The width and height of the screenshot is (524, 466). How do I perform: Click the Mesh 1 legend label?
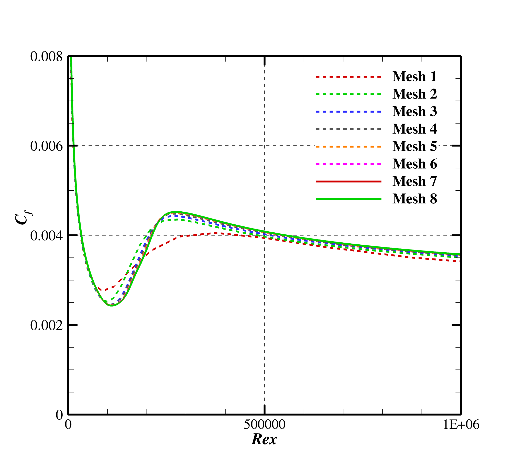tap(414, 77)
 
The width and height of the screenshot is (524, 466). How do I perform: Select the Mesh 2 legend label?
tap(414, 94)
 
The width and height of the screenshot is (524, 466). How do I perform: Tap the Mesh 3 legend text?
tap(414, 111)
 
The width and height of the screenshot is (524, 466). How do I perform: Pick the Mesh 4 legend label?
tap(414, 129)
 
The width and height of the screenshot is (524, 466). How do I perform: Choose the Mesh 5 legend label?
tap(414, 146)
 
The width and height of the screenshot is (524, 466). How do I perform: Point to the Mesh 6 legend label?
tap(414, 164)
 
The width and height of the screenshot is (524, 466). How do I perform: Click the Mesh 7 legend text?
tap(414, 181)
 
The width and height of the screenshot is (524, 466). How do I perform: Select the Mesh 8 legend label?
tap(414, 199)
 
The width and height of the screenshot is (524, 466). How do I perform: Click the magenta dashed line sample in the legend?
tap(348, 164)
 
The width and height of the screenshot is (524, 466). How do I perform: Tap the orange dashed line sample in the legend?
tap(348, 146)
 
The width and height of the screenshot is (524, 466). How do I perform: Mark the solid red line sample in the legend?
tap(348, 181)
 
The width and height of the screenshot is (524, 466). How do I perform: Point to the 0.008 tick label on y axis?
tap(46, 56)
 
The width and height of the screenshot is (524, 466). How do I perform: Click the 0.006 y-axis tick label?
tap(46, 146)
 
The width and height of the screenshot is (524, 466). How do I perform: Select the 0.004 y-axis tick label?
tap(46, 236)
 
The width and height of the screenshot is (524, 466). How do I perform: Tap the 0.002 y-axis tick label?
tap(46, 326)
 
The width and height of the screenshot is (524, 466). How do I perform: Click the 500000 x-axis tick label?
tap(264, 425)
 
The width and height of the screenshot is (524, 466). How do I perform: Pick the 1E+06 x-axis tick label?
tap(461, 425)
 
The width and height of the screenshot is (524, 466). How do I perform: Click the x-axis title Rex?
tap(264, 439)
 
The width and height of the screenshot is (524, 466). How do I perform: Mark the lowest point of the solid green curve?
tap(112, 306)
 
